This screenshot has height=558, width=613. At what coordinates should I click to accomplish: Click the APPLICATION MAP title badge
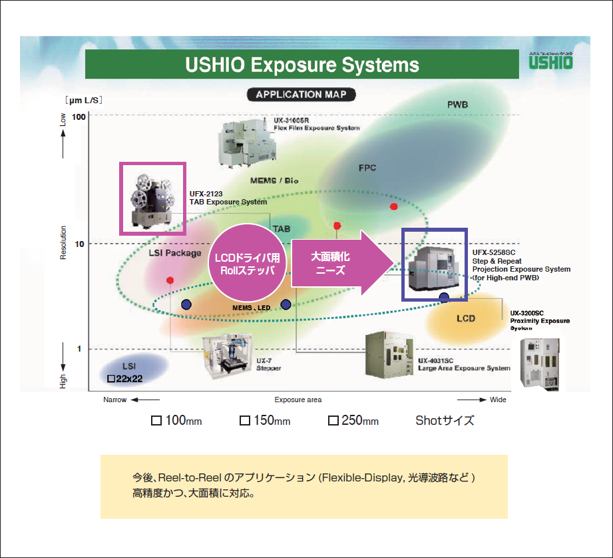point(301,95)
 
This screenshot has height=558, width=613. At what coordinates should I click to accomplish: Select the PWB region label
point(458,105)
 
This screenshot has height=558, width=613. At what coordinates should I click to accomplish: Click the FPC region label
point(367,168)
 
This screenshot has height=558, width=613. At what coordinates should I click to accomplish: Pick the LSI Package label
point(174,253)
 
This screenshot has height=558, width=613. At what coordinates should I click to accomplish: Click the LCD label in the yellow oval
point(466,318)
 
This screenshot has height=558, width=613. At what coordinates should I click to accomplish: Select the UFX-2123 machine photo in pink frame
point(152,198)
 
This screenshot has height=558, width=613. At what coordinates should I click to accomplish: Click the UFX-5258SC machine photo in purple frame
point(435,264)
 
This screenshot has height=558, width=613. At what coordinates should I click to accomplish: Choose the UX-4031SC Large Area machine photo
point(389,354)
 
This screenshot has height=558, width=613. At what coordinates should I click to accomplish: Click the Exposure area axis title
point(298,400)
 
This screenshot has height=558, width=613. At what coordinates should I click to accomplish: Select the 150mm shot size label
point(265,421)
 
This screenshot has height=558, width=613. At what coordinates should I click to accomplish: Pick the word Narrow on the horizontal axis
point(114,400)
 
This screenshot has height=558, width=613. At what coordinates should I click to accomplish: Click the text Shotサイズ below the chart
point(445,421)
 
